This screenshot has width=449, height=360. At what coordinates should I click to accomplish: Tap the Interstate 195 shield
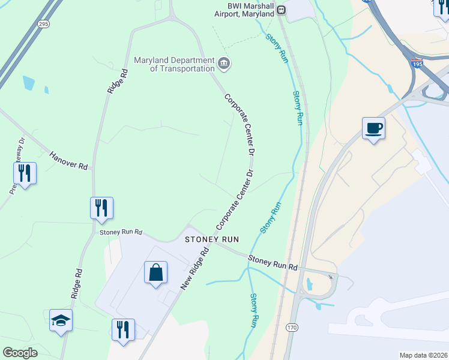click(x=417, y=62)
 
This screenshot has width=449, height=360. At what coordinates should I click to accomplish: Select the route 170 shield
click(x=291, y=328)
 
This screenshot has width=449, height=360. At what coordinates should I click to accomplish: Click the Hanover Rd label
click(x=68, y=160)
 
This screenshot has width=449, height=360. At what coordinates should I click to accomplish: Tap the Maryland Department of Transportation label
click(x=174, y=64)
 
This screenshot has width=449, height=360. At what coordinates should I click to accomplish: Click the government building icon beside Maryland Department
click(x=224, y=63)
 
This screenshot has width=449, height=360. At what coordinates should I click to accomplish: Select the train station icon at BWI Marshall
click(x=281, y=10)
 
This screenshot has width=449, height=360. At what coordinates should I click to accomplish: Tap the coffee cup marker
click(x=373, y=128)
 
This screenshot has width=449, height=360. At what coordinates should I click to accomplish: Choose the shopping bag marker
click(x=155, y=272)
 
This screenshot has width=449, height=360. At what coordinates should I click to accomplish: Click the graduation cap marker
click(x=61, y=320)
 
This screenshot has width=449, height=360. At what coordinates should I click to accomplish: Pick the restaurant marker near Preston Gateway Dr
click(x=25, y=173)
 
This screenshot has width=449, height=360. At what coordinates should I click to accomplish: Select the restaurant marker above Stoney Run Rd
click(x=101, y=208)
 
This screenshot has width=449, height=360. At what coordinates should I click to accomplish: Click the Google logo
click(x=20, y=353)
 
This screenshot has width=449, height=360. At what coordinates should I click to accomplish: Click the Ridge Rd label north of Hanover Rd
click(x=117, y=80)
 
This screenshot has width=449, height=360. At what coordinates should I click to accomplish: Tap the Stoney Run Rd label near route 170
click(x=273, y=263)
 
